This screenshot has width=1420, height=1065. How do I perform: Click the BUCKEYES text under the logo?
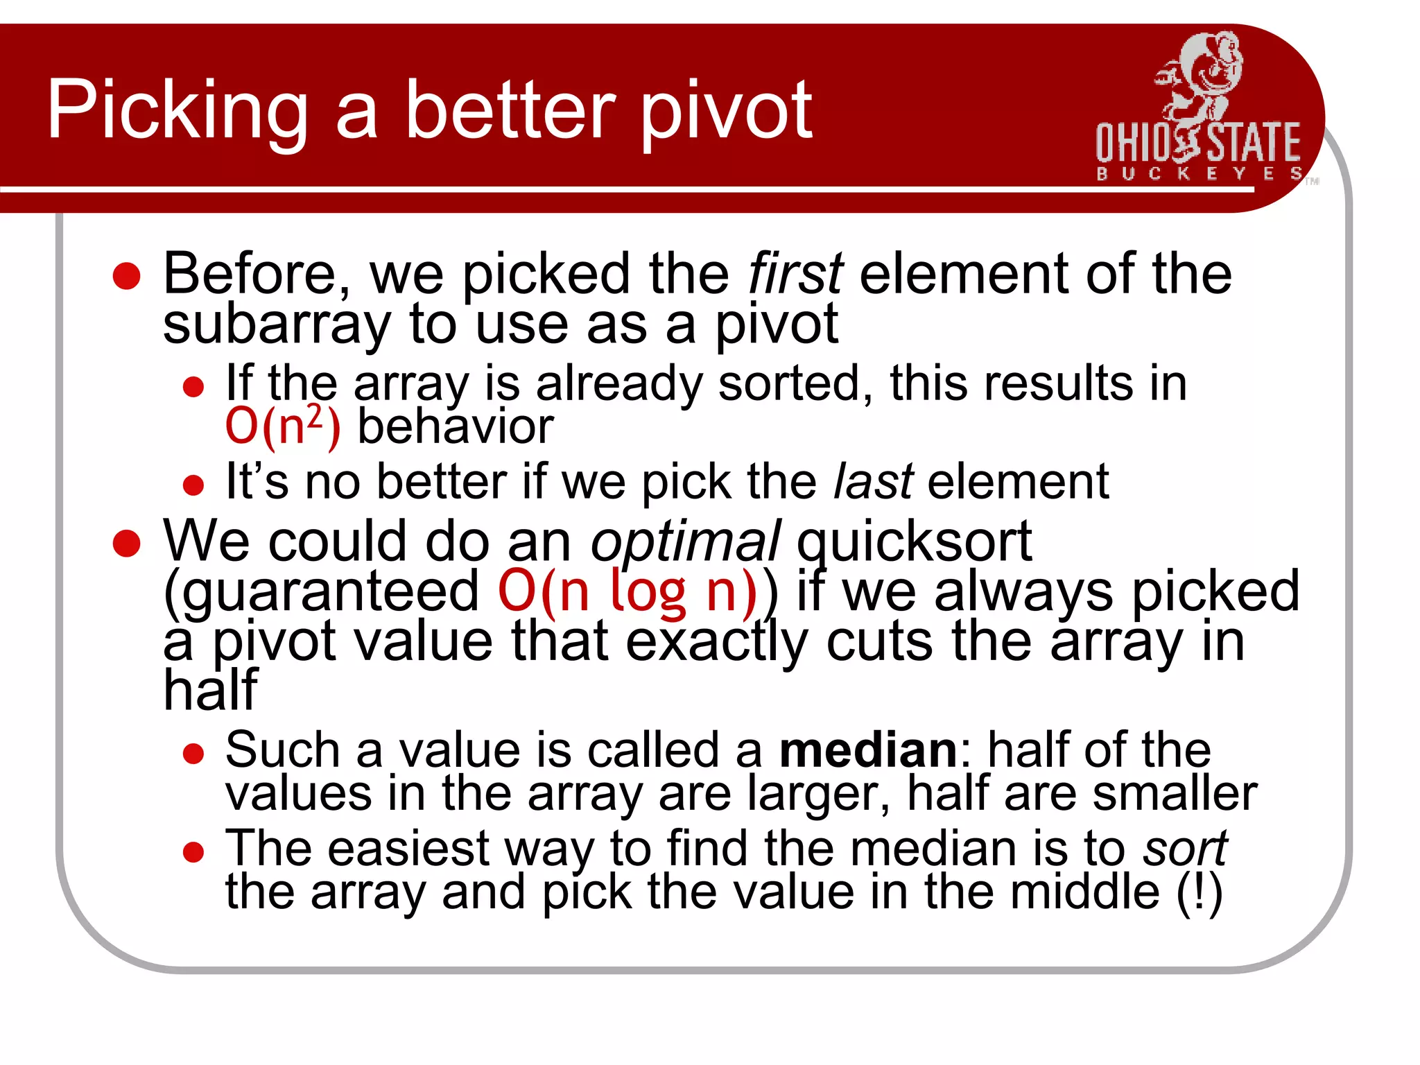[1198, 173]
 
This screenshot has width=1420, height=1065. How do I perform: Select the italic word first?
[795, 274]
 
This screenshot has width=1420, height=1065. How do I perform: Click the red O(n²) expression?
[283, 425]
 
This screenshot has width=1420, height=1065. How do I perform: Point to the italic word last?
[873, 481]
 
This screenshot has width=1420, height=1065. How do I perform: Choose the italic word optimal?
[685, 542]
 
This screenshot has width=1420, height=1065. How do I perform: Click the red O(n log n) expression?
[627, 591]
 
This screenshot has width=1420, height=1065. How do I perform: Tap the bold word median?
[868, 750]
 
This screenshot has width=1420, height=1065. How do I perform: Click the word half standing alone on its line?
[210, 691]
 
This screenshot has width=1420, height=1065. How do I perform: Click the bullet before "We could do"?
[127, 544]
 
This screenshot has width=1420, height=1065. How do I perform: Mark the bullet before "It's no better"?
[193, 485]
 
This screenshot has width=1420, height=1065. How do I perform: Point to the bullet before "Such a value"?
[193, 754]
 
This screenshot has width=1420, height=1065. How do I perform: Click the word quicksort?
[914, 542]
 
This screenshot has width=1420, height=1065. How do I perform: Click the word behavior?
[456, 426]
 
